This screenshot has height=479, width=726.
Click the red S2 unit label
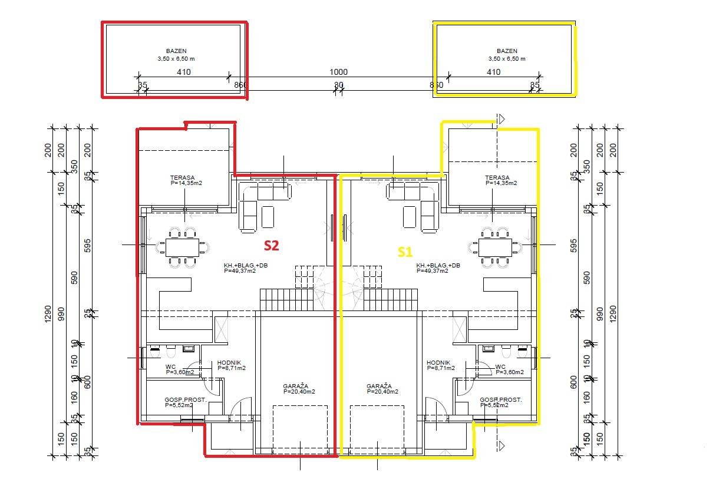271,245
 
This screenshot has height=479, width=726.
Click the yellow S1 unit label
405,252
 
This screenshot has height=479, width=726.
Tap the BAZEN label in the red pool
176,51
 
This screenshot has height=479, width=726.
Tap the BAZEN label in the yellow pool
507,51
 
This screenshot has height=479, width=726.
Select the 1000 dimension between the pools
338,72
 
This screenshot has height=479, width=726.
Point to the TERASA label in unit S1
497,177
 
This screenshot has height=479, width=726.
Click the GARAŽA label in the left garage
295,386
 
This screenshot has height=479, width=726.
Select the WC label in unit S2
170,366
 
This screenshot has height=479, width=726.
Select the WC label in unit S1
500,366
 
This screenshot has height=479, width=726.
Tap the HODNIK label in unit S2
229,363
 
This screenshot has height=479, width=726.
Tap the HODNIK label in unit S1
438,363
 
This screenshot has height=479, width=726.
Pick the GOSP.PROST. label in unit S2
181,399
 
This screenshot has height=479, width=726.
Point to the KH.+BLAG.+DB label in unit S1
438,265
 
